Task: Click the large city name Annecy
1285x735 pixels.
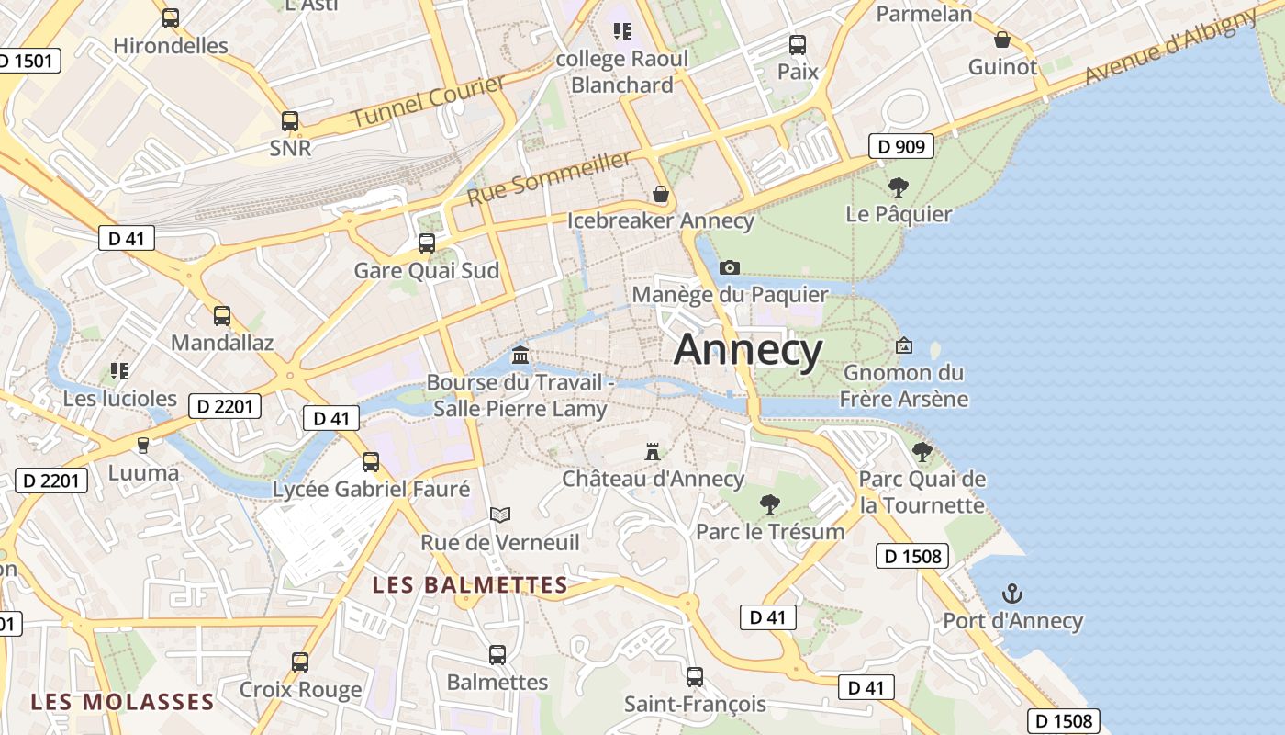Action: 748,351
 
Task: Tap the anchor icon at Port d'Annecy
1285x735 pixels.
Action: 1011,594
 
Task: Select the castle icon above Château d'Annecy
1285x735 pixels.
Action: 653,452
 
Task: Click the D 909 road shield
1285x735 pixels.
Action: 900,146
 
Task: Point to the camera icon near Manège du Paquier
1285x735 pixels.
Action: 730,267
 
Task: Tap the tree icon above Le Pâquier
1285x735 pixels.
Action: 899,187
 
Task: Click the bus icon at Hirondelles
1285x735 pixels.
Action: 170,17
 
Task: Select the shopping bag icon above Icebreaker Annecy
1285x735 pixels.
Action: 660,194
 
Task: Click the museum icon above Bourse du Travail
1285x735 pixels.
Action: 520,355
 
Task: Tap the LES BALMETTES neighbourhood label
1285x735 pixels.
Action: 470,585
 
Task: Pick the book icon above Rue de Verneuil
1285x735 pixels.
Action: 499,514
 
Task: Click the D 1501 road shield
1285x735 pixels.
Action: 28,62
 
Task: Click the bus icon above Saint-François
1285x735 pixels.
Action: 695,677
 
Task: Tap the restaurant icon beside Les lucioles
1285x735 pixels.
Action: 118,371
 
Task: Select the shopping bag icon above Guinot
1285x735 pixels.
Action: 1002,40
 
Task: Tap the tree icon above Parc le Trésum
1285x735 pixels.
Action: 769,503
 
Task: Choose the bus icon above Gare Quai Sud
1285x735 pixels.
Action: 427,243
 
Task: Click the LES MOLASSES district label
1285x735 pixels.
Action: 122,703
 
